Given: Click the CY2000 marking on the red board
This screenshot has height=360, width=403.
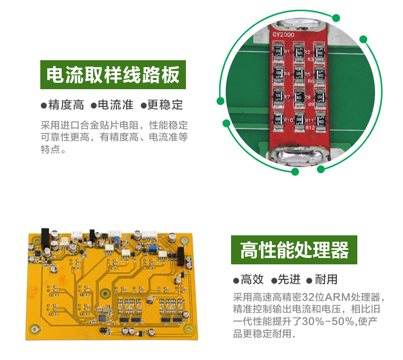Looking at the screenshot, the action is [x=284, y=35].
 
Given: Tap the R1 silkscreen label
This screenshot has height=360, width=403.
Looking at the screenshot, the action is [x=287, y=52].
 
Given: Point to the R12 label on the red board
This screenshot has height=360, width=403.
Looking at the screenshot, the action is [x=310, y=127].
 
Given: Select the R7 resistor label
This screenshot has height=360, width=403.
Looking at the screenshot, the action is [x=287, y=97].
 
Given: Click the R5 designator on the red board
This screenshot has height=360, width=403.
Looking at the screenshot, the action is [x=308, y=75].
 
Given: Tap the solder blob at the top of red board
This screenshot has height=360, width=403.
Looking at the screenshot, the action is [x=299, y=24].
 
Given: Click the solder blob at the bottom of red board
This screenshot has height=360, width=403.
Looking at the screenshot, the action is [x=299, y=155].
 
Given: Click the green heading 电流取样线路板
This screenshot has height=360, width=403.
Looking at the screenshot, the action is [x=113, y=75].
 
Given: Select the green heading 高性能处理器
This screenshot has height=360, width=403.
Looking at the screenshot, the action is [x=294, y=250].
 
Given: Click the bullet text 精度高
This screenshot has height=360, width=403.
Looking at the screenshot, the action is [x=66, y=105].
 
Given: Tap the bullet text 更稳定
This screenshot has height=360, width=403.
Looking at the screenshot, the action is [x=165, y=105].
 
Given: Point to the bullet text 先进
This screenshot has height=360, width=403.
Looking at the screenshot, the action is [x=289, y=279].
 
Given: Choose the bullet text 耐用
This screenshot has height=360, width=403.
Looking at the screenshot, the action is [x=326, y=279].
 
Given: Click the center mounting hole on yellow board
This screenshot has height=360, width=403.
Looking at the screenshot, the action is [x=105, y=293].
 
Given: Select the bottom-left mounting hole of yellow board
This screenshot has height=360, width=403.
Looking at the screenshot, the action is [x=35, y=329].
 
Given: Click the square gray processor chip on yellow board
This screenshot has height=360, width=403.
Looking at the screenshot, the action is [x=103, y=318].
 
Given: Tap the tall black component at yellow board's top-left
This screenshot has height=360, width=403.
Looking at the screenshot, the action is [x=45, y=239].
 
